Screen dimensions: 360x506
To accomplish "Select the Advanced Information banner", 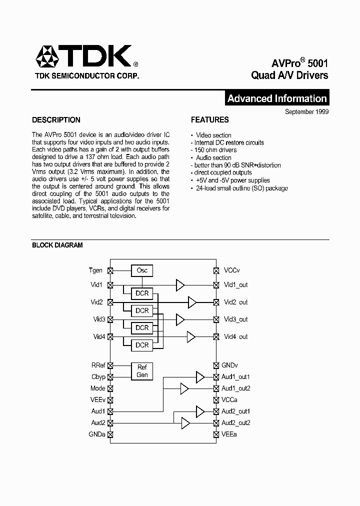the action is coord(277,98).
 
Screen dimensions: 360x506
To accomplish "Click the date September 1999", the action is coord(306,112).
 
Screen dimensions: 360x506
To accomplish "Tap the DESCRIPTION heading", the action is coord(56,120).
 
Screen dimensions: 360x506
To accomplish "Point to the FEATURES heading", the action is coord(210,120).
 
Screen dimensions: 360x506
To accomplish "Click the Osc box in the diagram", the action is coord(142,270).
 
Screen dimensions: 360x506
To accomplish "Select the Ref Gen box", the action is coord(142,371).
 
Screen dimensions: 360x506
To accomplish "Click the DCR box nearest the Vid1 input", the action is coord(142,293).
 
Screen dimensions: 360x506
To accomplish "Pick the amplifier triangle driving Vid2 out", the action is coord(192,302).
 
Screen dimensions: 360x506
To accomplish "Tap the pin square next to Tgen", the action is coord(110,270).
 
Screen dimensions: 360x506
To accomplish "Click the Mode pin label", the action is coord(98,388).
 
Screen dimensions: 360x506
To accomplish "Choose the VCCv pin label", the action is coord(232,270).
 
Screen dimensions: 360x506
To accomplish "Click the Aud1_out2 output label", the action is coord(236,388).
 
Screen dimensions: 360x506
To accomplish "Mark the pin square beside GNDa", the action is coord(110,434).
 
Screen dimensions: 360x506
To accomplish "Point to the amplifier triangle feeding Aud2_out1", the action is coord(200,411).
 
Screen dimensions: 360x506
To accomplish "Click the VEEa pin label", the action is coord(229,434).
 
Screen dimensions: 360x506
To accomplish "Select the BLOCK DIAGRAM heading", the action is coord(57,245).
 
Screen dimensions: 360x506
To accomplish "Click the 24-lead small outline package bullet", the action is coord(241,188).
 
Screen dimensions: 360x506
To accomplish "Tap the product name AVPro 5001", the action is coord(300,63).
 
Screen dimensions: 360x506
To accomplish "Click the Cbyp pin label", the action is coord(98,377).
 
